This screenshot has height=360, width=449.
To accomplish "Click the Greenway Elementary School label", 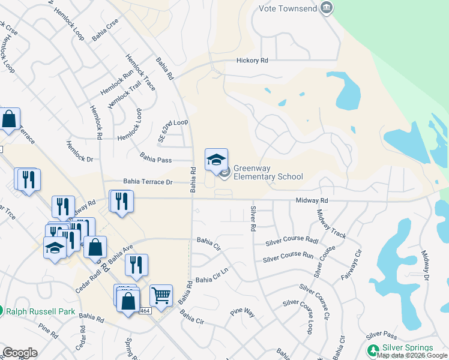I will [x=267, y=173].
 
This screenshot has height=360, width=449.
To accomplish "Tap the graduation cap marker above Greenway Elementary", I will [x=217, y=160].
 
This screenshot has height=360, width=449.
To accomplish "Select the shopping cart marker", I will [x=161, y=295].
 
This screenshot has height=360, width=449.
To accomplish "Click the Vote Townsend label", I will [x=288, y=8].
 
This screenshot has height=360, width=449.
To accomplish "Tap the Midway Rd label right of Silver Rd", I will [x=312, y=200].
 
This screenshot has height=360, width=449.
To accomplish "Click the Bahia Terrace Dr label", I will [x=148, y=181].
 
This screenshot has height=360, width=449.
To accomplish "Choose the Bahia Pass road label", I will [x=155, y=160].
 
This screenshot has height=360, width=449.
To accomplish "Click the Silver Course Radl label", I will [x=291, y=242].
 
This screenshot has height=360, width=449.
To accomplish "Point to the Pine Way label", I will [x=243, y=313].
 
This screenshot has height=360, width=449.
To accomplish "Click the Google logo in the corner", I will [x=20, y=353].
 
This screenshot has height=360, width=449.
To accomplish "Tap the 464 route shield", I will [x=145, y=310].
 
